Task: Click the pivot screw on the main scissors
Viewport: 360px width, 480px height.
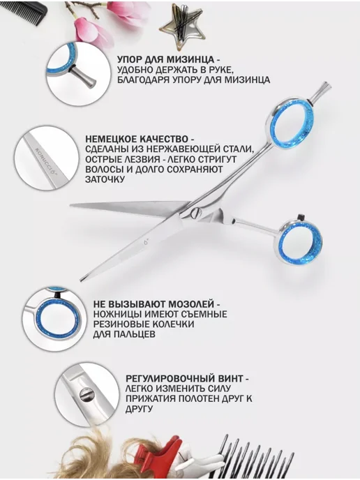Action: point(195,213)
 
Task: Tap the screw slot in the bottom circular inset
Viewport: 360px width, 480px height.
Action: point(87,395)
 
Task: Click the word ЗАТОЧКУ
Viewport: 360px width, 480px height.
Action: point(105,179)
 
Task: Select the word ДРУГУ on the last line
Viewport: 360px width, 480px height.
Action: point(139,409)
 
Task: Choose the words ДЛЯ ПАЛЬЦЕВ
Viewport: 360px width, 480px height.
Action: point(123,334)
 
